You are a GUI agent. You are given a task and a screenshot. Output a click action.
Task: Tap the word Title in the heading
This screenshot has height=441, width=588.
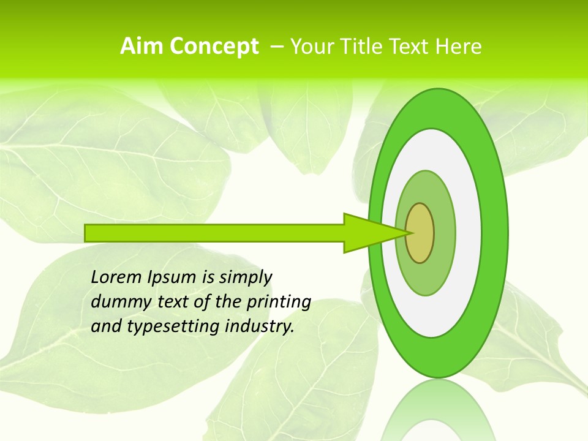coord(363,47)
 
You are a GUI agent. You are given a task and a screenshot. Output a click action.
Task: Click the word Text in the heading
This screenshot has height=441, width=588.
coord(411,47)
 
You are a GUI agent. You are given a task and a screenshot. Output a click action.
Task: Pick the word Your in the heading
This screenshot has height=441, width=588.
coord(312,47)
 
